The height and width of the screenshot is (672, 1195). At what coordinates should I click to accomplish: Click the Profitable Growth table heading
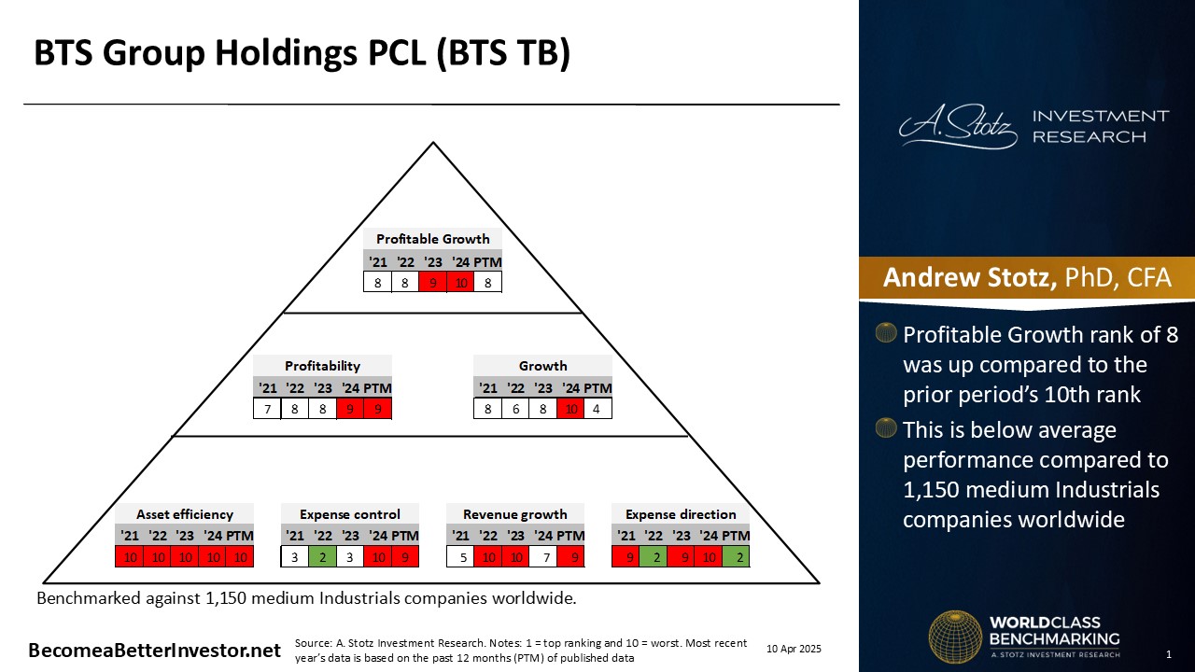click(x=432, y=239)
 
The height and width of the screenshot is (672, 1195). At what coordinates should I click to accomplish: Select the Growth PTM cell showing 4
click(x=597, y=409)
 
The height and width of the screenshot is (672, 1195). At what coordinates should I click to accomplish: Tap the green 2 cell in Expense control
click(x=322, y=557)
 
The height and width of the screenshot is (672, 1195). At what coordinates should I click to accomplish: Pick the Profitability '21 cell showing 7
click(x=267, y=409)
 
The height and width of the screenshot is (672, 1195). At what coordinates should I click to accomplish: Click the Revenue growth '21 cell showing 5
click(x=460, y=557)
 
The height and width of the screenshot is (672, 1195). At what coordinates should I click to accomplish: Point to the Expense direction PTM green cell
click(x=737, y=557)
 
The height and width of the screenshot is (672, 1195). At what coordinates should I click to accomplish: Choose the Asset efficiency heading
click(x=185, y=514)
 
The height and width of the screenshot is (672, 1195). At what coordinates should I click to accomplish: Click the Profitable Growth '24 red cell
click(x=461, y=282)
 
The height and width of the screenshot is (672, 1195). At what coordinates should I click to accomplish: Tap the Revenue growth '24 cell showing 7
click(x=543, y=557)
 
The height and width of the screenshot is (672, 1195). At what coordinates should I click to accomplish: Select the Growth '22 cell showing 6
click(x=515, y=409)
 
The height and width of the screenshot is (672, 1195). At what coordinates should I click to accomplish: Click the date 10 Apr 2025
click(x=794, y=649)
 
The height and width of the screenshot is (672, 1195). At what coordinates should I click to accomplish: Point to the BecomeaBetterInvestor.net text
click(x=154, y=651)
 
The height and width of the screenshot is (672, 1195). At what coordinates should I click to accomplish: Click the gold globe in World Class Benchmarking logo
click(x=955, y=637)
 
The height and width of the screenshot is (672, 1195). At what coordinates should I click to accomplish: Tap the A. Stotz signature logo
click(x=958, y=126)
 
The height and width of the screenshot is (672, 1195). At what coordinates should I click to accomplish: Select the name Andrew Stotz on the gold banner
click(x=970, y=277)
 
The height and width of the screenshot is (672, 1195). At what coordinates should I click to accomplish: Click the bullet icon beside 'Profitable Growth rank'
click(x=886, y=332)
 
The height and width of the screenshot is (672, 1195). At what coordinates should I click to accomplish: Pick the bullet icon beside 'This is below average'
click(x=886, y=427)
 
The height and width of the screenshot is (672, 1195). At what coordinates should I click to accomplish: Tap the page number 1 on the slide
click(x=1168, y=654)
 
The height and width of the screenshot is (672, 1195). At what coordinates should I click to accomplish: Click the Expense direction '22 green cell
click(x=654, y=557)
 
